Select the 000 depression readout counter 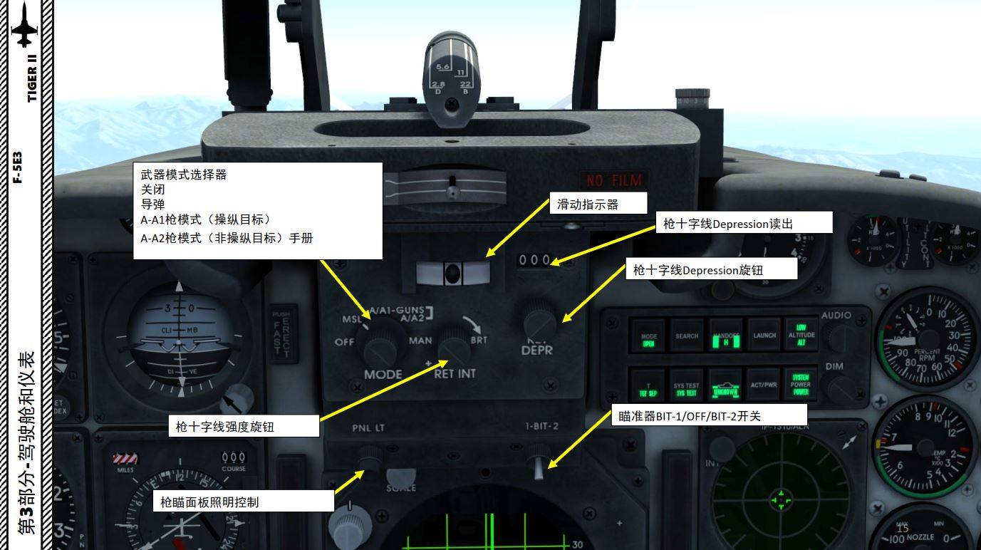click(x=534, y=261)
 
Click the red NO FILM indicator click(x=613, y=180)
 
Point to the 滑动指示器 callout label click(x=597, y=204)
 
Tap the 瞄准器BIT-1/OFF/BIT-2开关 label click(x=709, y=415)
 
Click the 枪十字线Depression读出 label click(x=743, y=223)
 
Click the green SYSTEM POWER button click(x=801, y=384)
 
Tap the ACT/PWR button click(x=764, y=385)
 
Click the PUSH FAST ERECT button click(x=283, y=333)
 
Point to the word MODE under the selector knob click(x=383, y=374)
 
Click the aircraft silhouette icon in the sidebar click(x=26, y=25)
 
